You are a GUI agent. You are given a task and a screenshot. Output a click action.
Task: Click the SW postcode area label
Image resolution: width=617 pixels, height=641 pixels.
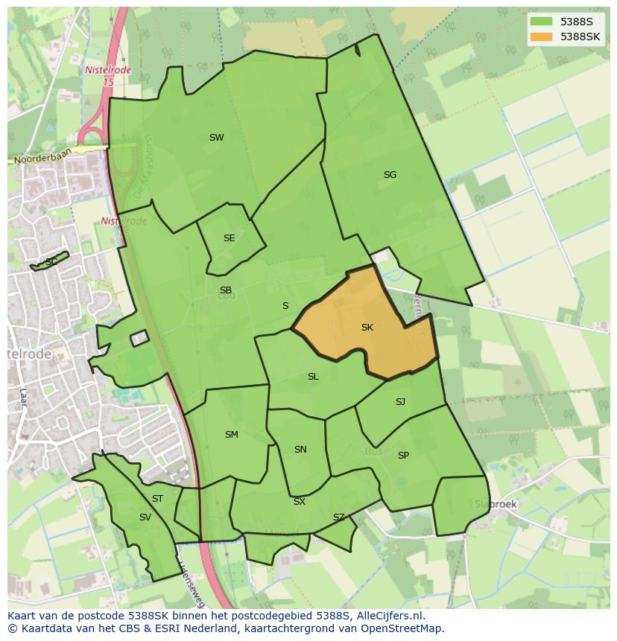point(216,138)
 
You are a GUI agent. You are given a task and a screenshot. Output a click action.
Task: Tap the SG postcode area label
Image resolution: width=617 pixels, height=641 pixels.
point(390,175)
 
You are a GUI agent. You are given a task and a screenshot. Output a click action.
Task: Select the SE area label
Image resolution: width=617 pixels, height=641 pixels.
point(229,238)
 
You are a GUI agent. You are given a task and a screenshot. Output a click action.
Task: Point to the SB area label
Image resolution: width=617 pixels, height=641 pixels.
point(225,290)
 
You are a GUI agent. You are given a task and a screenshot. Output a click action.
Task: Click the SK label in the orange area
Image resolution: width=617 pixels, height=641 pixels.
point(367,328)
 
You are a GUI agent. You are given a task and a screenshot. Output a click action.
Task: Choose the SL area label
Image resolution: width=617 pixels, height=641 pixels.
point(313,377)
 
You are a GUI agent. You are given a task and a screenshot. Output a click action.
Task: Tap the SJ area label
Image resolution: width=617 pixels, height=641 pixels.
point(400,402)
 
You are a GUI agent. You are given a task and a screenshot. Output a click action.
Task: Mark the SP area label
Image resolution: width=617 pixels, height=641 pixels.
point(403,456)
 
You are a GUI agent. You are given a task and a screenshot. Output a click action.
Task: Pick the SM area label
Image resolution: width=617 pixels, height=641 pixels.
point(231,435)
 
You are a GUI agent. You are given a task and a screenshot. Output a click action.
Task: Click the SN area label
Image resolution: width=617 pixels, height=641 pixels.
point(300,450)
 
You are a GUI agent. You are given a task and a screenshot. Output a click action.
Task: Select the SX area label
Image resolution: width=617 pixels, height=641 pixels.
point(299,502)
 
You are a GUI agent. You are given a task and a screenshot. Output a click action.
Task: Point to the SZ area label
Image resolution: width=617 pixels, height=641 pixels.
point(339,517)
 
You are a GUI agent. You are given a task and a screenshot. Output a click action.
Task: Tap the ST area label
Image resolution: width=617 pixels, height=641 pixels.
point(157,499)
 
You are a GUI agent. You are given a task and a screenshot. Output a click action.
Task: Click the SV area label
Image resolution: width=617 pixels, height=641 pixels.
point(145,517)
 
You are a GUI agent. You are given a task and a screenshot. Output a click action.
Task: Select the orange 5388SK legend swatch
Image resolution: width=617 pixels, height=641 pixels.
point(541,36)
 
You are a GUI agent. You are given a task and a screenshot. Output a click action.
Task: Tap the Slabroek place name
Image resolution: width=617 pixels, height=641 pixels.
point(496,504)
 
